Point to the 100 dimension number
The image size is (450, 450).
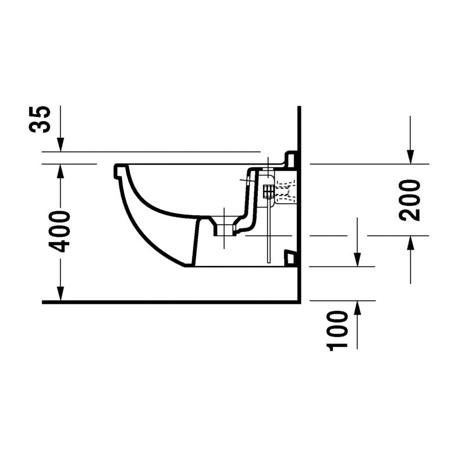tap(337, 330)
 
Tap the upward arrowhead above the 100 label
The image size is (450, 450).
tap(357, 307)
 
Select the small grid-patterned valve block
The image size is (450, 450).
tap(268, 190)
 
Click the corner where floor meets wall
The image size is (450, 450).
tap(299, 302)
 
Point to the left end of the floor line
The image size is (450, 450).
tap(44, 302)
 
